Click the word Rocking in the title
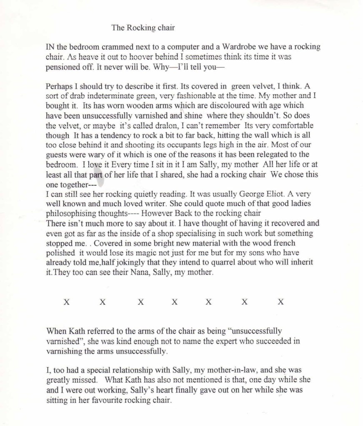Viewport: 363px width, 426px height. click(x=140, y=28)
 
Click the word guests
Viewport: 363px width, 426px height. click(x=57, y=163)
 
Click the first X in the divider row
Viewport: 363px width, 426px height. click(x=66, y=302)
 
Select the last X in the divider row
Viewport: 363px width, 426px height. click(x=280, y=302)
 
